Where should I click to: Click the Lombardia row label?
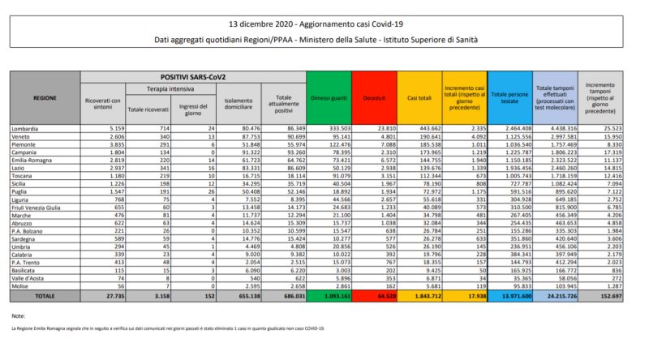[27, 128]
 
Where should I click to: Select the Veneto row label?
[23, 135]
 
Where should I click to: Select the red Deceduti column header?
[376, 98]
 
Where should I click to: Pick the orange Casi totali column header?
[419, 98]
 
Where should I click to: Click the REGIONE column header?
[45, 98]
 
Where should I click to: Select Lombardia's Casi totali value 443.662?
[424, 128]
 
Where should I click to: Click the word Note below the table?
[19, 315]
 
